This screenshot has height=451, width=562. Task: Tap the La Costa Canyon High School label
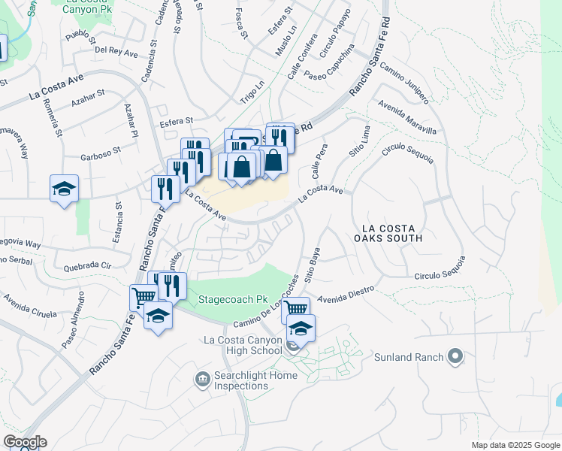pyautogui.click(x=243, y=345)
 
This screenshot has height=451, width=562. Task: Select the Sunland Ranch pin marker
pyautogui.click(x=455, y=356)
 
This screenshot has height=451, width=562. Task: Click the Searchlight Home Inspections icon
pyautogui.click(x=201, y=379)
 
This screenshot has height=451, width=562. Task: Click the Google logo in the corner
pyautogui.click(x=25, y=442)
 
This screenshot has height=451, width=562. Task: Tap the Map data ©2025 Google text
pyautogui.click(x=515, y=445)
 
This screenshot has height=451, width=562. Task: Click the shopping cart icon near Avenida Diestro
pyautogui.click(x=296, y=308)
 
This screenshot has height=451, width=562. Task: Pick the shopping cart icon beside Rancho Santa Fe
pyautogui.click(x=142, y=296)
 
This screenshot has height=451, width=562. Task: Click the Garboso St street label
pyautogui.click(x=101, y=158)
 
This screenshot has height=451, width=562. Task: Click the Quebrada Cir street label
pyautogui.click(x=87, y=265)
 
